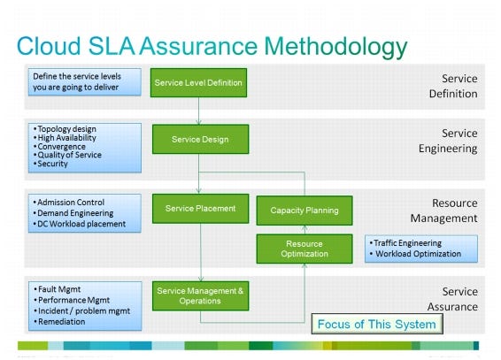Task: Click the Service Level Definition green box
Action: pyautogui.click(x=198, y=82)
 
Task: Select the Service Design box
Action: pyautogui.click(x=199, y=139)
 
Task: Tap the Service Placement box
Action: pyautogui.click(x=199, y=209)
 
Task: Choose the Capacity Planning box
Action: pyautogui.click(x=304, y=211)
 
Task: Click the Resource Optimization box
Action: pyautogui.click(x=304, y=249)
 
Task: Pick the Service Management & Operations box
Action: pyautogui.click(x=199, y=295)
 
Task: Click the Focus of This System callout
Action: pyautogui.click(x=376, y=324)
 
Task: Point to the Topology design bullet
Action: pyautogui.click(x=67, y=129)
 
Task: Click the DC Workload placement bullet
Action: pyautogui.click(x=81, y=224)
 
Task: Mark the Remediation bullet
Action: pyautogui.click(x=61, y=321)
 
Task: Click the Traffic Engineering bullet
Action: pyautogui.click(x=408, y=242)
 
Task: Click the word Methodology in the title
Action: pyautogui.click(x=320, y=46)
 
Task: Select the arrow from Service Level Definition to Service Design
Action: pyautogui.click(x=199, y=111)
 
